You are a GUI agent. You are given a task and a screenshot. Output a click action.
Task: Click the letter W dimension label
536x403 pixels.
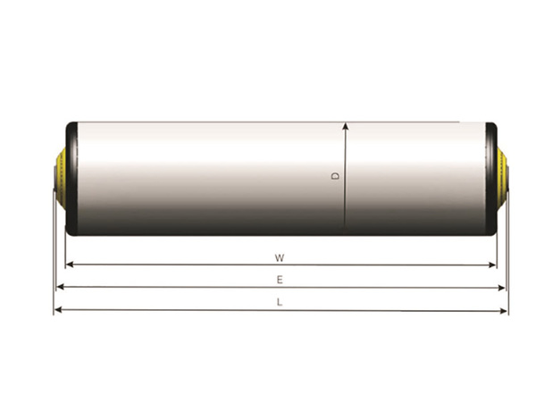(x=280, y=258)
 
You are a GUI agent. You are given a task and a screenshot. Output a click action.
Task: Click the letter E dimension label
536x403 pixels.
(x=280, y=280)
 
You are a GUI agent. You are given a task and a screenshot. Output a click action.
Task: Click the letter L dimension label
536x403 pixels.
(x=280, y=302)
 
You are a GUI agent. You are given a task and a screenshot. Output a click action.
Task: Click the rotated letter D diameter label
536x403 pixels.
(x=336, y=176)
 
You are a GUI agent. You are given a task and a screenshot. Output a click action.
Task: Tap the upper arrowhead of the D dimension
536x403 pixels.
(x=346, y=126)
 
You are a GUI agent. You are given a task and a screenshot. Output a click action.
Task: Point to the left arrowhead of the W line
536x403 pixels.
(x=70, y=264)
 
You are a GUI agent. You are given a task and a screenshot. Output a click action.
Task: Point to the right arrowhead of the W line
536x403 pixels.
(x=492, y=264)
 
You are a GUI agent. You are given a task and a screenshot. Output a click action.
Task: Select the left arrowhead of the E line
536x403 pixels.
(x=61, y=287)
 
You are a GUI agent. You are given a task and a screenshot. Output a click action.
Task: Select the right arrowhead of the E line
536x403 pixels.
(x=501, y=288)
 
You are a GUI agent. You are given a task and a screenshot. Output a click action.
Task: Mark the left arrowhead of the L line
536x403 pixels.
(x=58, y=310)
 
